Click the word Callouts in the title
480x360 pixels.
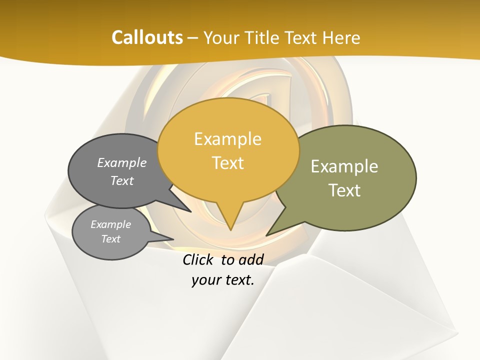[147, 37]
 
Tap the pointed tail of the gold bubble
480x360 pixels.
[230, 220]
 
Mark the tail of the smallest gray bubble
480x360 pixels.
[162, 238]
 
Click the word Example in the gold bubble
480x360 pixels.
[228, 139]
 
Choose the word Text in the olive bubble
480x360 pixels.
[344, 190]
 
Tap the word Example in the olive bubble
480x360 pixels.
[344, 166]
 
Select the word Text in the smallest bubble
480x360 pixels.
[111, 239]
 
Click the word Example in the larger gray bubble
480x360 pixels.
[122, 162]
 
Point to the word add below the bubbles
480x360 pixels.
[251, 259]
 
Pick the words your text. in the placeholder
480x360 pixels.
[223, 280]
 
